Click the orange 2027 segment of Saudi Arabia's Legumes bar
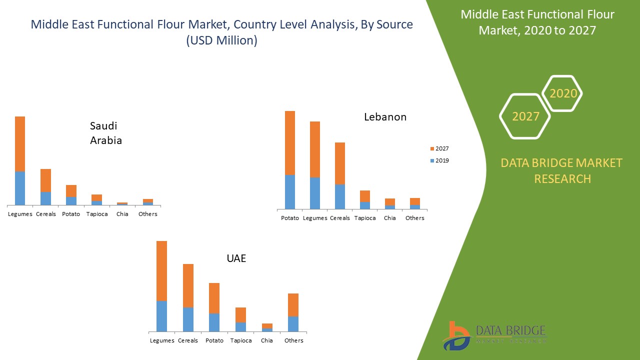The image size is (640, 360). pos(20,144)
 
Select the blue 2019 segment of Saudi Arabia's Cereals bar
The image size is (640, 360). pos(45,198)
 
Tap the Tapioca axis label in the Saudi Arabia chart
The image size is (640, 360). pos(96,214)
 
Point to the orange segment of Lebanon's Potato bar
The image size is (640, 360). pos(290,143)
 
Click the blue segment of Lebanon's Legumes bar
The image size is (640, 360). pos(315,193)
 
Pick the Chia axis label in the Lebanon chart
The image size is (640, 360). pos(390,218)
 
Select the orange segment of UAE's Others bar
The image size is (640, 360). pos(293,305)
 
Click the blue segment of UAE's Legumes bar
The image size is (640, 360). pos(161,316)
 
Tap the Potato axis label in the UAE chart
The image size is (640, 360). pos(214,340)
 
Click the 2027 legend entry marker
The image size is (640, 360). pos(432,149)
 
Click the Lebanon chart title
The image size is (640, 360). pos(385,117)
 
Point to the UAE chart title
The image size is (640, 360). pos(236,258)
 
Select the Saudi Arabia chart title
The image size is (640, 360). pos(106,133)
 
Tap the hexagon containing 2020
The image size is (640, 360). pos(562,93)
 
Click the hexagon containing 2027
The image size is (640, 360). pos(525,116)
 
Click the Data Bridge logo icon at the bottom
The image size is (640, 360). pos(456,336)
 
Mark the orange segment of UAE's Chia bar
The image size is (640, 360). pos(267,326)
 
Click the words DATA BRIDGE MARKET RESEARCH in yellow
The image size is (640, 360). pos(562,170)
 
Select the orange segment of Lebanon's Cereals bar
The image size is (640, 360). pos(340,163)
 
